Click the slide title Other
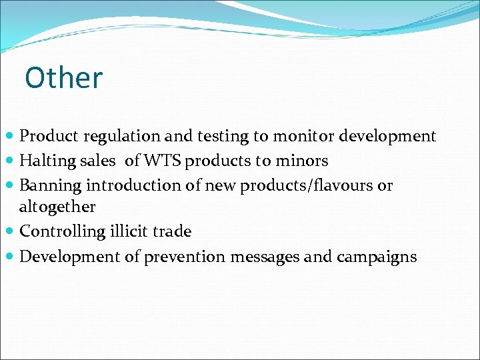[63, 78]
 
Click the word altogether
[57, 207]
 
